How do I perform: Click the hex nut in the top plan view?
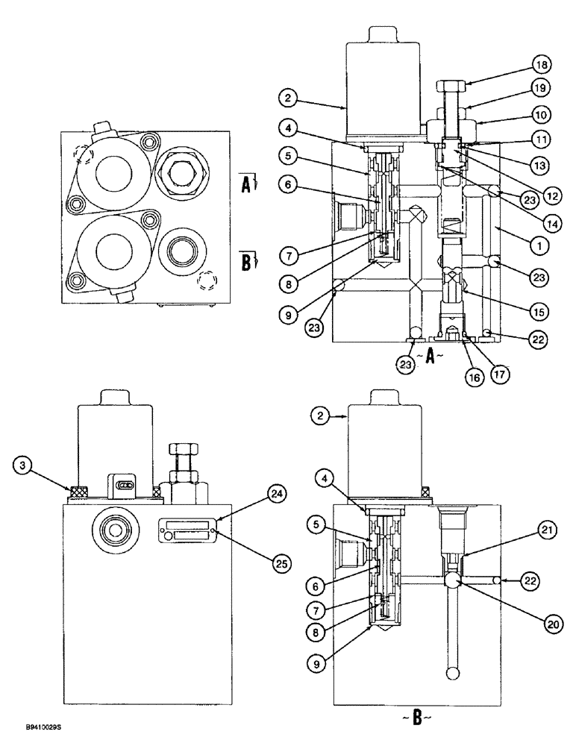178,175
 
